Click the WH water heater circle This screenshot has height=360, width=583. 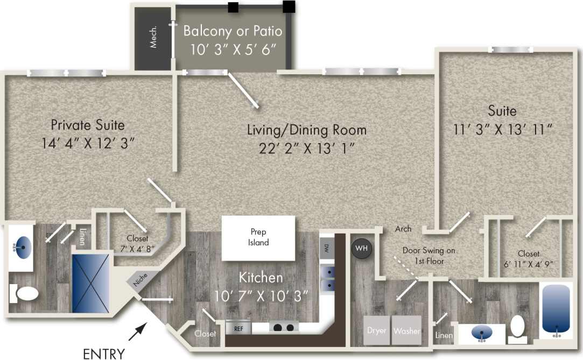[x=360, y=249]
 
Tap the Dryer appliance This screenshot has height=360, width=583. [x=377, y=330]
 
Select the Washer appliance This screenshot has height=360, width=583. [x=406, y=330]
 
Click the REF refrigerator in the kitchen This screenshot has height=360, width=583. [x=238, y=327]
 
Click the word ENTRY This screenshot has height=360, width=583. [x=104, y=354]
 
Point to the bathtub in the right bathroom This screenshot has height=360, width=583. [x=554, y=309]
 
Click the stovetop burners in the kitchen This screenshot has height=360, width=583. [x=283, y=327]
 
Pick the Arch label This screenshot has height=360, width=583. [x=403, y=229]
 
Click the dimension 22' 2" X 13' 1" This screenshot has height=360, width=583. [x=307, y=147]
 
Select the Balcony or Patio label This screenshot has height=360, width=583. [x=233, y=30]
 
